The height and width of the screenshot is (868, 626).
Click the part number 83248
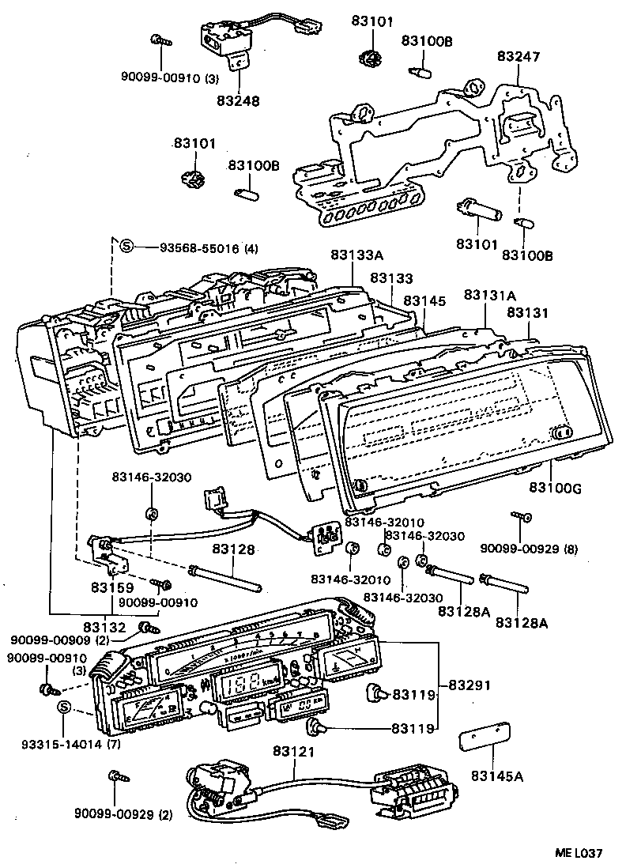point(238,101)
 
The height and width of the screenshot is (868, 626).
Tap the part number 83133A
point(356,255)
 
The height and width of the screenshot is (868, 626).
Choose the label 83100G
point(555,489)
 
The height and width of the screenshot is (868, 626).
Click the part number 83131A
point(489,295)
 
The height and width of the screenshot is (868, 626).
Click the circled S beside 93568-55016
point(126,247)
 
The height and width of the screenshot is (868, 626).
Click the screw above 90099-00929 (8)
point(523,517)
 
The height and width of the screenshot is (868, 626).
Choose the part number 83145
point(424,302)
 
